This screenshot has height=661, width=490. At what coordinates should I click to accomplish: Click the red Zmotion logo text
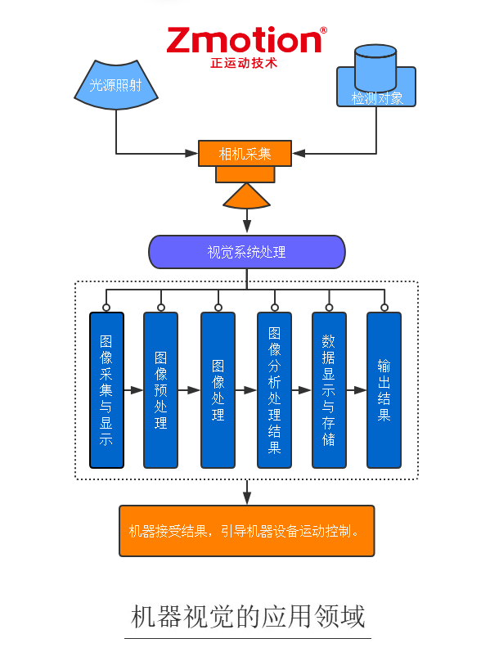[x=245, y=41]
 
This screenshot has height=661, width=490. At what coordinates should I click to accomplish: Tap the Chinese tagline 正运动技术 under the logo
[x=244, y=63]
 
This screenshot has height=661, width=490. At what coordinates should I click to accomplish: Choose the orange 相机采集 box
[x=245, y=153]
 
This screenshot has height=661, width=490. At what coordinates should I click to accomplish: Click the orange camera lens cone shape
[x=246, y=196]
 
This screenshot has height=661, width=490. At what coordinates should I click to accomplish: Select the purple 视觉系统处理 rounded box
[x=246, y=252]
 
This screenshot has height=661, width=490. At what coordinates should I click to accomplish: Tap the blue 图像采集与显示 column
[x=106, y=389]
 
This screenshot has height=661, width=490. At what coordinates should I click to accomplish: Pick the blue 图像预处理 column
[x=160, y=389]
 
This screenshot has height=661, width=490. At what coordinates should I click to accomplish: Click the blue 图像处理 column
[x=218, y=389]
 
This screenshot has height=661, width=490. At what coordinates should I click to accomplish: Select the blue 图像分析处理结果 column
[x=274, y=389]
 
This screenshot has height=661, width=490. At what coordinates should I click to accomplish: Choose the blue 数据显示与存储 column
[x=329, y=389]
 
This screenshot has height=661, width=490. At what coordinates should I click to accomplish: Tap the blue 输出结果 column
[x=384, y=389]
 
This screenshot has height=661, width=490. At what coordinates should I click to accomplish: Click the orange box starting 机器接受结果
[x=246, y=531]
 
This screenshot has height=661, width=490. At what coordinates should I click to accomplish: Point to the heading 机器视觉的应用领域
[x=248, y=616]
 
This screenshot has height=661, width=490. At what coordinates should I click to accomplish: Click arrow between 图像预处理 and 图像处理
[x=189, y=391]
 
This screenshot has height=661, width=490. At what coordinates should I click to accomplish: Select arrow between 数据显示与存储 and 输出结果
[x=356, y=391]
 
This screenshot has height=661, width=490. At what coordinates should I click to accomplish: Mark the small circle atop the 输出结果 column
[x=384, y=308]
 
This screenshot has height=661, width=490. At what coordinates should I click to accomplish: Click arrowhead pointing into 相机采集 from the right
[x=299, y=153]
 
